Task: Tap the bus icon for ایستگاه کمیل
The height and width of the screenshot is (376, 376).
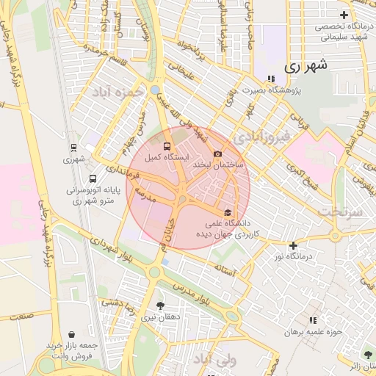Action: click(x=167, y=146)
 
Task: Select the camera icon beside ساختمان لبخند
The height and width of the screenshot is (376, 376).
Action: click(x=217, y=153)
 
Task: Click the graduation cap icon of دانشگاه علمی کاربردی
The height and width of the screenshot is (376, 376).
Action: click(x=237, y=213)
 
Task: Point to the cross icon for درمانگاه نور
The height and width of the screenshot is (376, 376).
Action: click(x=294, y=245)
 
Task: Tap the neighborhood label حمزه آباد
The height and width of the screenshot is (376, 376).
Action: click(x=116, y=93)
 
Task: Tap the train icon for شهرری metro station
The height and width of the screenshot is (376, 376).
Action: click(x=73, y=147)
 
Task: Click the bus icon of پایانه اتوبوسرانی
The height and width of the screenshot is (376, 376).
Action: click(x=93, y=178)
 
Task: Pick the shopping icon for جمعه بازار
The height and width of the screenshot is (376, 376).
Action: click(x=71, y=335)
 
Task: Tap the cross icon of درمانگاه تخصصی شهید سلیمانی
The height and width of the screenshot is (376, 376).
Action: click(x=343, y=15)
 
